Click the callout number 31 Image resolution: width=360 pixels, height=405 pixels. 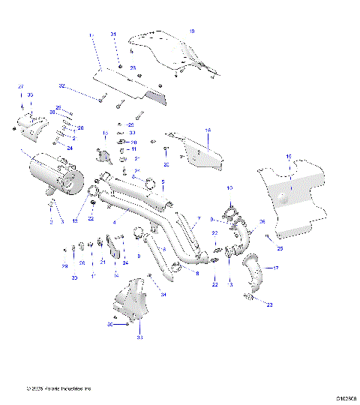114,35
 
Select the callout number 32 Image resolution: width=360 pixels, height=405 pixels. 62,85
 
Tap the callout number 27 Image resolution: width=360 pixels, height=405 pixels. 21,88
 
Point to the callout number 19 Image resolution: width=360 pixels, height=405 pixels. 192,31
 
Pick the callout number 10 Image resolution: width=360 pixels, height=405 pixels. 230,187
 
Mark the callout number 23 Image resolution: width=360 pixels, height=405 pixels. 270,304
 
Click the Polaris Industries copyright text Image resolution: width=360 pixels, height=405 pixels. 58,388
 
